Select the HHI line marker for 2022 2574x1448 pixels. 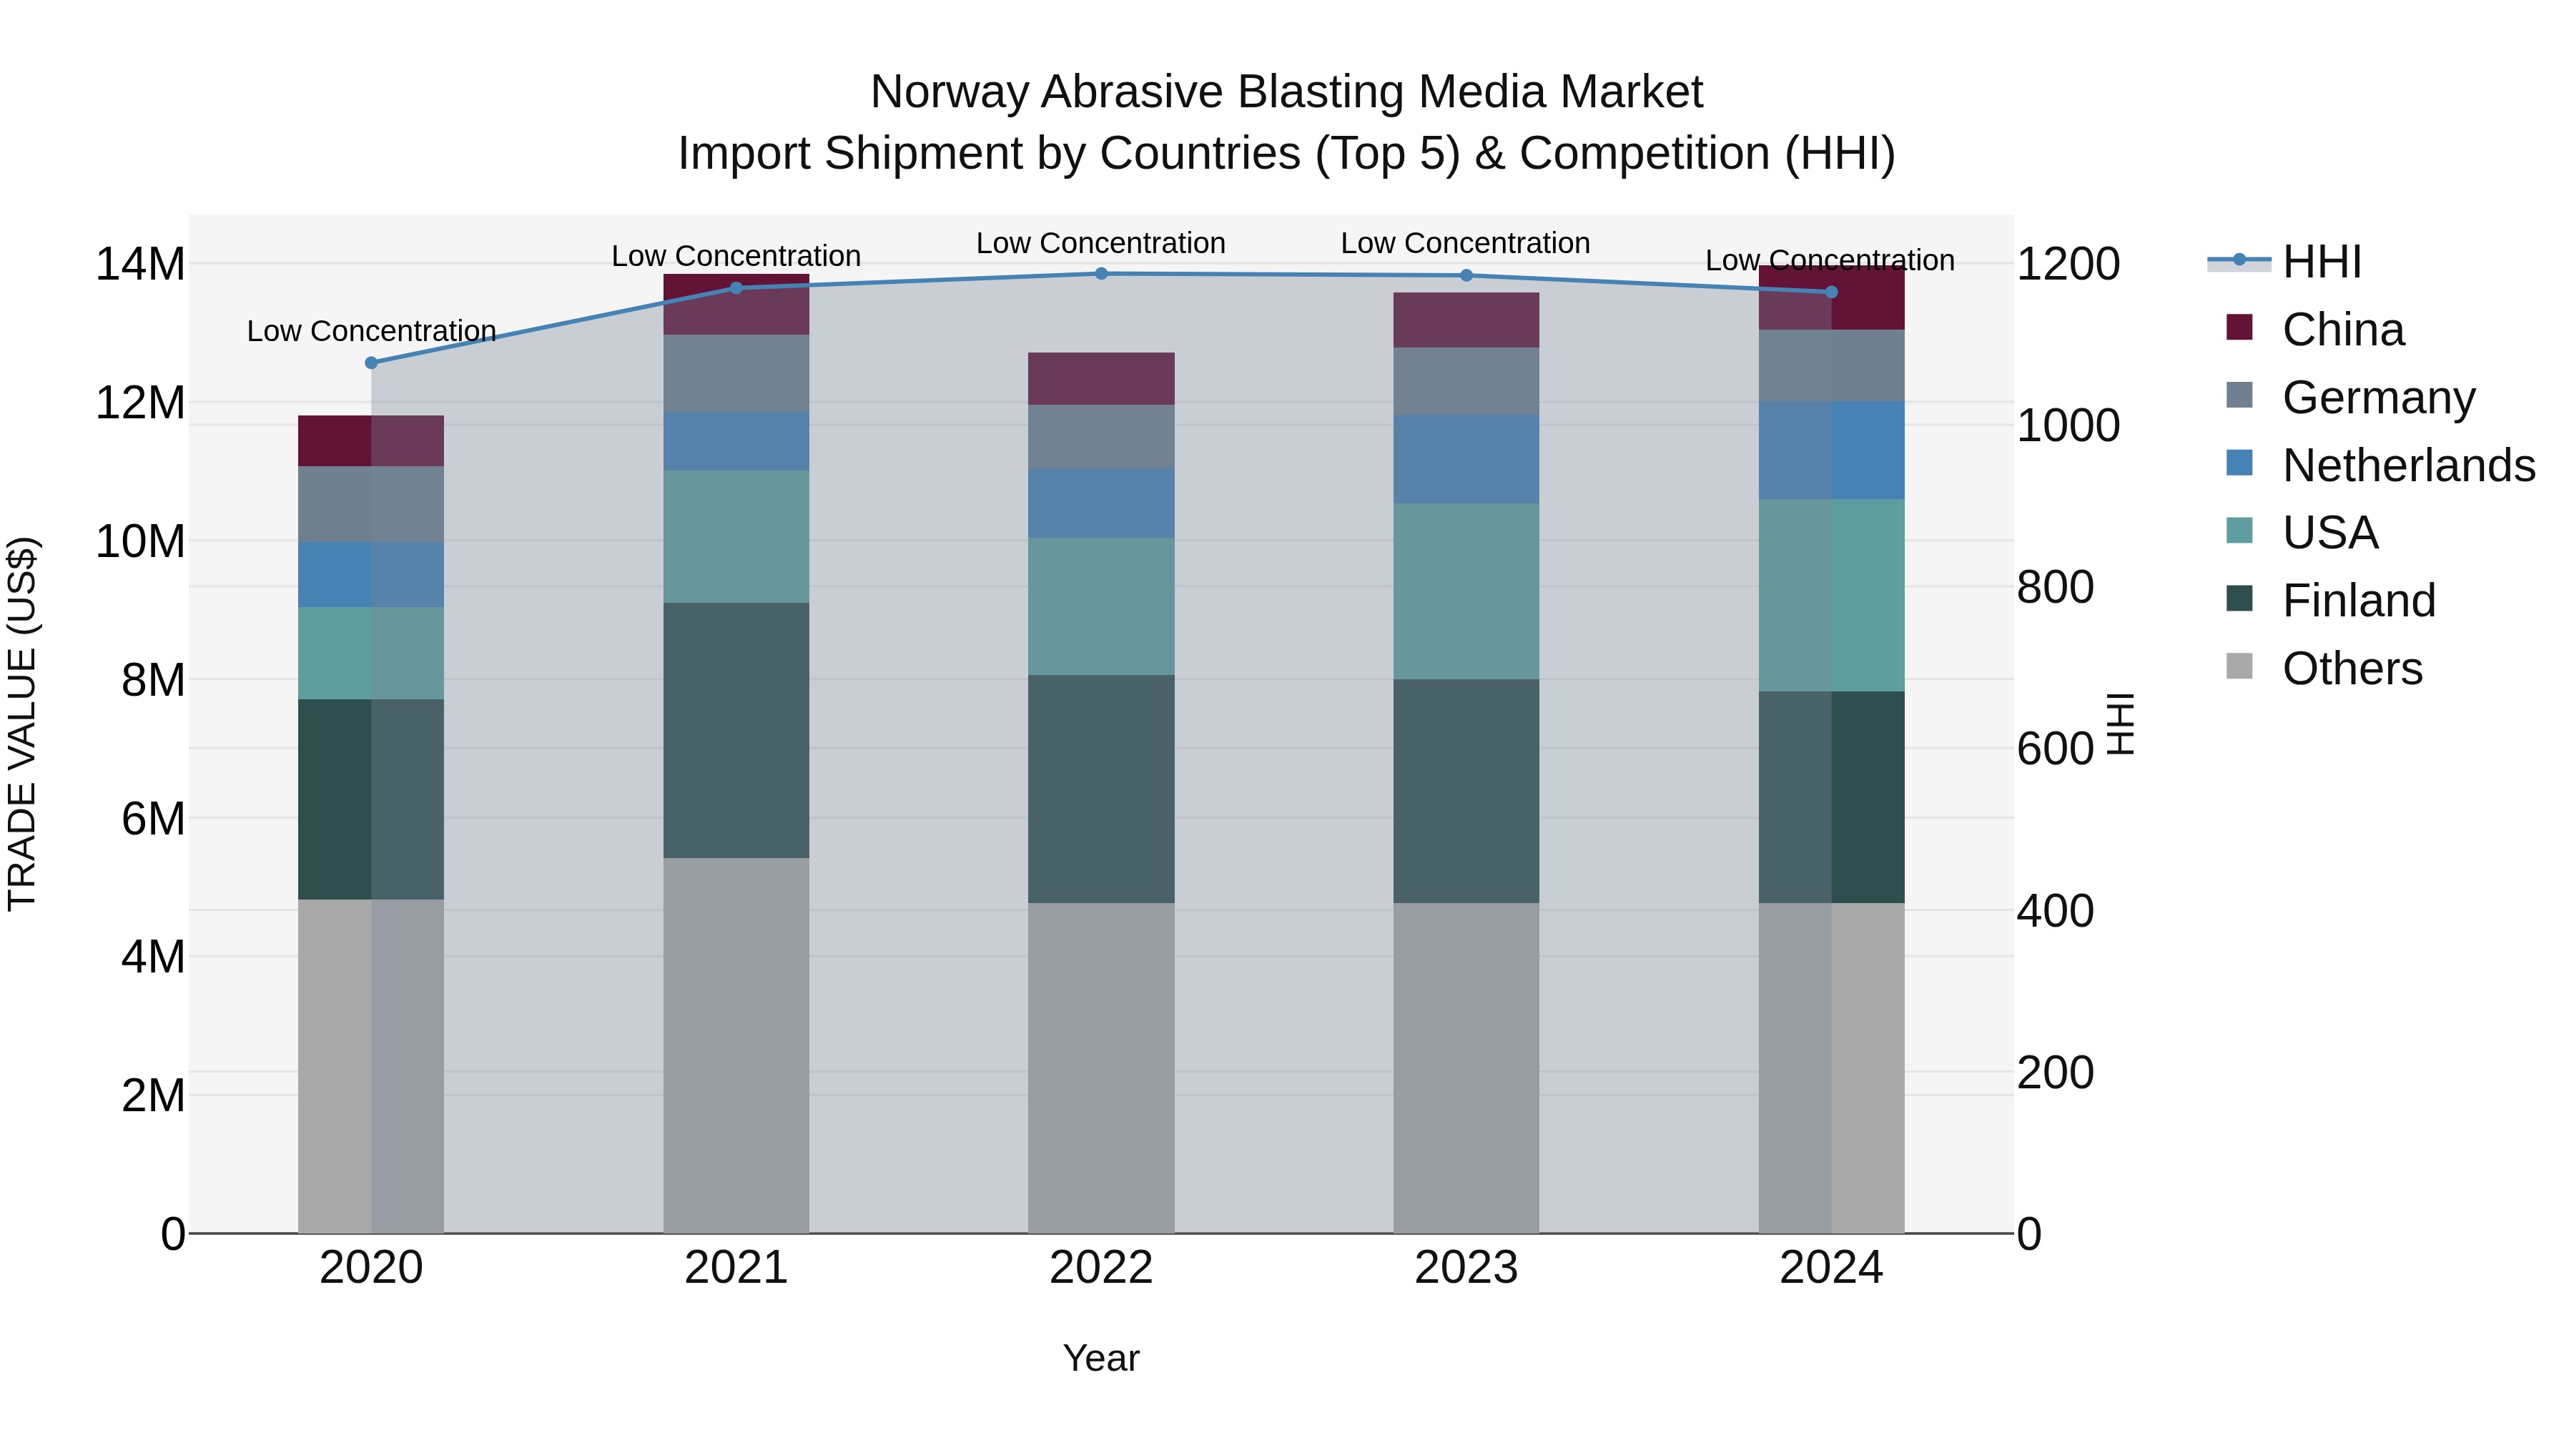(1101, 274)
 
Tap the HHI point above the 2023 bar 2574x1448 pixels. (1466, 276)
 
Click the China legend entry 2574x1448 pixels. (2342, 330)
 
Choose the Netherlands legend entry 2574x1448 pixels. (2408, 466)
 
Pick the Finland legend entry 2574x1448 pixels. (2358, 601)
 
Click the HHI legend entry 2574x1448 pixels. (2321, 262)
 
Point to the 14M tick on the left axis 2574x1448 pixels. (140, 265)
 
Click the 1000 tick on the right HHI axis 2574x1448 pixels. (2067, 425)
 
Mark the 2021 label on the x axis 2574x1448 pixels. (736, 1268)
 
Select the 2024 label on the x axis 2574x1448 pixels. (1830, 1268)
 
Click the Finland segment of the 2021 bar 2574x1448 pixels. (736, 729)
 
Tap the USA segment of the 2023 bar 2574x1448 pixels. (1466, 591)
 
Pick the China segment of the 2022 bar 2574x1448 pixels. (1101, 379)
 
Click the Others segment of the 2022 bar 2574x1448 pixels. (1101, 1068)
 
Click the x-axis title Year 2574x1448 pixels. (1101, 1358)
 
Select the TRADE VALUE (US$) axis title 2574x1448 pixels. (22, 724)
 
